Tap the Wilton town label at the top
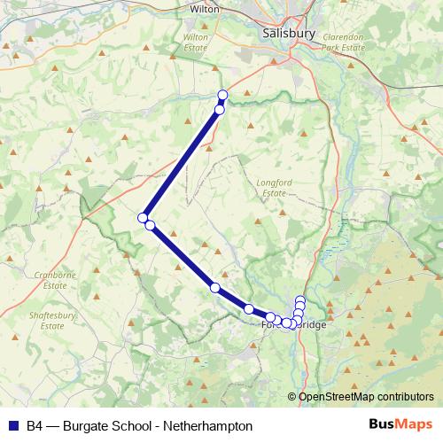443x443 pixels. click(x=205, y=9)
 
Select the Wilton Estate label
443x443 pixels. click(x=195, y=43)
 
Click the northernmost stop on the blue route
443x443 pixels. click(x=222, y=95)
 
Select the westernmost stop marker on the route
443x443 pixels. click(x=142, y=217)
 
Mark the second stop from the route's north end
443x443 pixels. click(x=219, y=110)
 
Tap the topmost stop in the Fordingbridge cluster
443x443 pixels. click(x=300, y=300)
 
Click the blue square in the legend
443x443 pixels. click(x=13, y=426)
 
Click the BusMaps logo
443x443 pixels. click(x=402, y=425)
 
